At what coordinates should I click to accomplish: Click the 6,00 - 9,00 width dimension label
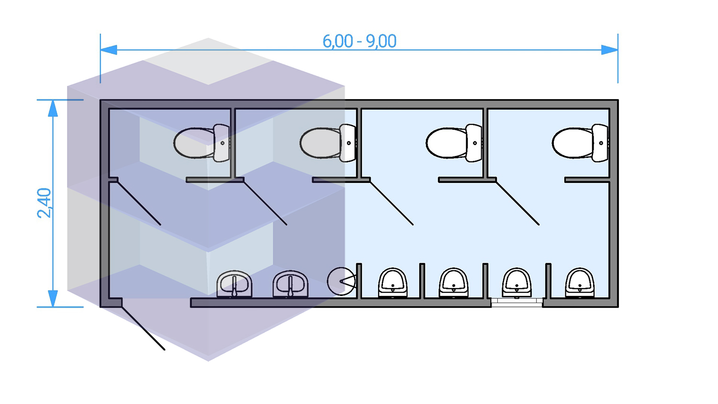[x=359, y=41]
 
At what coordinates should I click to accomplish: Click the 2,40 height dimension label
[x=44, y=203]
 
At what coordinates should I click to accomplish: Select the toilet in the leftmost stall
[x=201, y=143]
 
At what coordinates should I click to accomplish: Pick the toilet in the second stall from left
[x=327, y=143]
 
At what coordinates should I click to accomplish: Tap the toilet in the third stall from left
[x=453, y=143]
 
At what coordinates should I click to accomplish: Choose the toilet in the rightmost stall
[x=580, y=143]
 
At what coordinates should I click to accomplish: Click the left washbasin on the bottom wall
[x=234, y=284]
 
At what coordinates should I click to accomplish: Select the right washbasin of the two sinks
[x=291, y=284]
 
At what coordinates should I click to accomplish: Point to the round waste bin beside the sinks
[x=341, y=281]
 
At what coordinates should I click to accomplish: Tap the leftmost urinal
[x=393, y=283]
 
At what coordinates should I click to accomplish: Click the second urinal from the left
[x=453, y=283]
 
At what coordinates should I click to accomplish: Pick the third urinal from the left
[x=516, y=283]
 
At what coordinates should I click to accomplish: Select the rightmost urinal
[x=580, y=283]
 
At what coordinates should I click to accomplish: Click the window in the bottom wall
[x=516, y=302]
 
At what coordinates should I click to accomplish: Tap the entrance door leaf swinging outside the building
[x=143, y=328]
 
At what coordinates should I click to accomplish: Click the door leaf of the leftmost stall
[x=139, y=203]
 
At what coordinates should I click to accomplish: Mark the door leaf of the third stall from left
[x=392, y=203]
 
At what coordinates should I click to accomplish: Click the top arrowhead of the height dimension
[x=53, y=109]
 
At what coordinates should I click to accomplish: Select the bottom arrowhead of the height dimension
[x=53, y=298]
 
